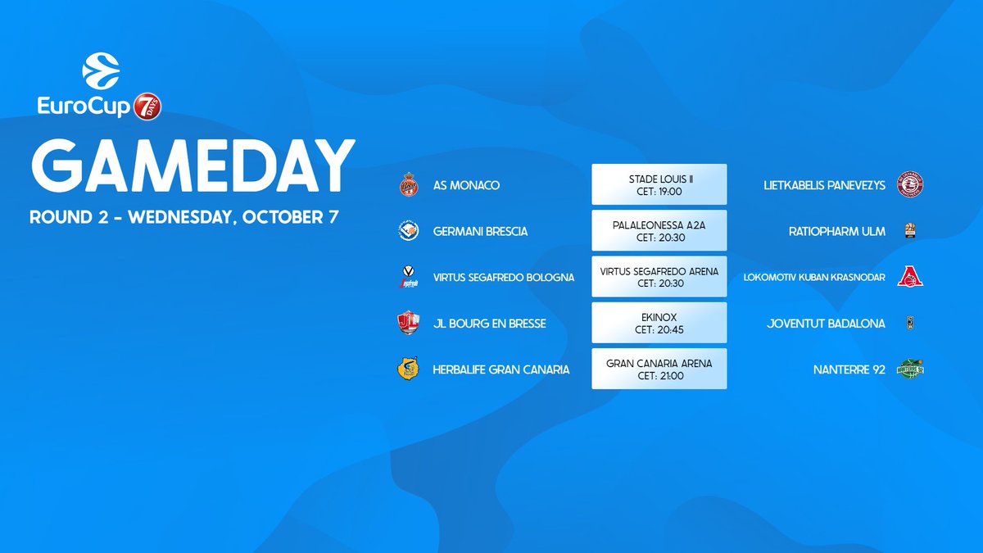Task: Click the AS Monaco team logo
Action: coord(409,185)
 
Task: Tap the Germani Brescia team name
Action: coord(480,231)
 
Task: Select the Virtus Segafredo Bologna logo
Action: coord(409,277)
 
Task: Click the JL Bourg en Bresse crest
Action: coord(409,323)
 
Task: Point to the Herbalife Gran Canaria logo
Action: coord(408,369)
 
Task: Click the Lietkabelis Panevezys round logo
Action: coord(910,184)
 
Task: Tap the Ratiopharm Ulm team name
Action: coord(837,231)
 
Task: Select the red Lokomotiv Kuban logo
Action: coord(910,277)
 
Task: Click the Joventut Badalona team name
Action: coord(826,324)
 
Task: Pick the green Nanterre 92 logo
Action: coord(910,369)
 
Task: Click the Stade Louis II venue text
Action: coord(660,179)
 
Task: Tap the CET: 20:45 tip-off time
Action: coord(659,329)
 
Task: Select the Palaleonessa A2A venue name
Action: coord(659,225)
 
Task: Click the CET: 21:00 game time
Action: coord(659,376)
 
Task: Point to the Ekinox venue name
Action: coord(659,317)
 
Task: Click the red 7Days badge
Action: coord(147,107)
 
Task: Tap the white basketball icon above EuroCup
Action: coord(101,71)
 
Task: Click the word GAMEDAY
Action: coord(193,165)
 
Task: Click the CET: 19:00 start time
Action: coord(659,192)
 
